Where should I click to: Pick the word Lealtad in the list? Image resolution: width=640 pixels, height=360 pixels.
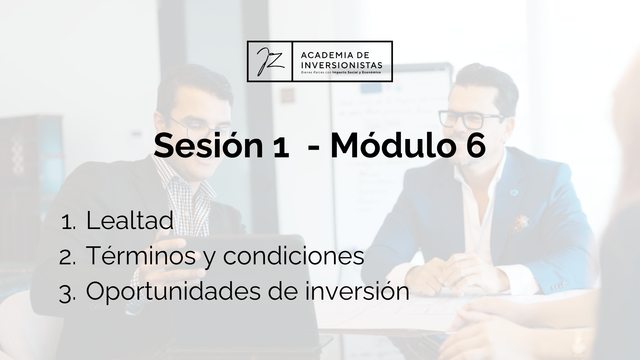(130, 220)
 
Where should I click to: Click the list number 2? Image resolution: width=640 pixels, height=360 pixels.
(67, 258)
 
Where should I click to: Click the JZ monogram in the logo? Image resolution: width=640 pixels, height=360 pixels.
(270, 61)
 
